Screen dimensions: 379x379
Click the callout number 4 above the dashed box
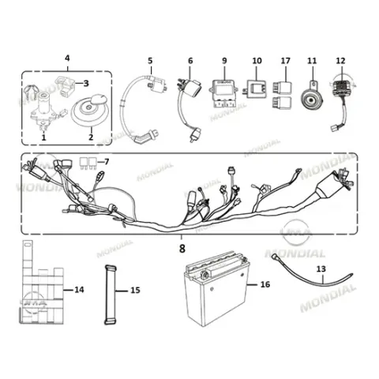click(67, 58)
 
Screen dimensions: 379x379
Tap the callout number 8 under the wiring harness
click(182, 249)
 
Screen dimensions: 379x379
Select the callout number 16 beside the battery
click(265, 284)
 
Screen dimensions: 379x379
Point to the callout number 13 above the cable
click(321, 269)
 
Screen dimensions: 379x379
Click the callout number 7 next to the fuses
click(107, 162)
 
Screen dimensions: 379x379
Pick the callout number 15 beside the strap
click(135, 291)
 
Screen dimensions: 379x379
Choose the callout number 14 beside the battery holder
click(79, 290)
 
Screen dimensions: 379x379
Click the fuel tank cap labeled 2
click(90, 111)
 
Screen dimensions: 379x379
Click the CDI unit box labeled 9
click(223, 93)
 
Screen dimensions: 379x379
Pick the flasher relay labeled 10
click(256, 88)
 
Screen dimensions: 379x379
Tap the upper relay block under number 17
click(282, 87)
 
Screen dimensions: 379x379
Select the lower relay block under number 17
click(282, 103)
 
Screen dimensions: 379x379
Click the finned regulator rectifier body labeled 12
click(342, 92)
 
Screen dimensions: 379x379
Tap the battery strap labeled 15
click(111, 295)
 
